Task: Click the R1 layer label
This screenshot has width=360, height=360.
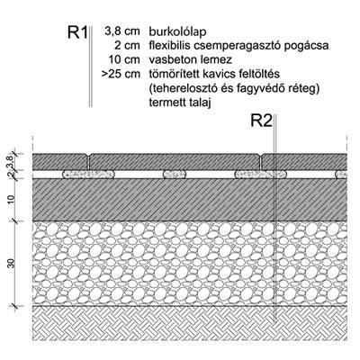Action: point(77,32)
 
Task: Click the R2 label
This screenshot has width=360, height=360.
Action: point(261,121)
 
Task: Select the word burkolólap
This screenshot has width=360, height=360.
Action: point(177,31)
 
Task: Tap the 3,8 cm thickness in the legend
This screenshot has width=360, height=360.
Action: point(122,31)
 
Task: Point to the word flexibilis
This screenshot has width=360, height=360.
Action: point(170,46)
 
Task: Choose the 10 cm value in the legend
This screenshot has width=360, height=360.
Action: point(124,59)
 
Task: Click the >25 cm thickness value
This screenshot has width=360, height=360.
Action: point(121,74)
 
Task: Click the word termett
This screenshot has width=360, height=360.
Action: point(166,103)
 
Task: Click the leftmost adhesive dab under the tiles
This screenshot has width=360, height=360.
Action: point(88,175)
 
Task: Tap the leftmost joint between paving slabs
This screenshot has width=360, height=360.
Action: point(89,161)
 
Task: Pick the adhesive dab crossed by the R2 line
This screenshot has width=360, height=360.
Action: point(261,175)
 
